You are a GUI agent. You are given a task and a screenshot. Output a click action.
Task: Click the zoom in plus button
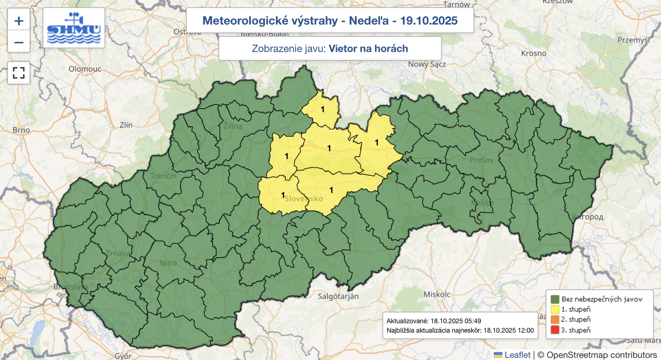point(19,21)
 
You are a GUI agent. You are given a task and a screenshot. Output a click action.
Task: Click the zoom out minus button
point(19,42)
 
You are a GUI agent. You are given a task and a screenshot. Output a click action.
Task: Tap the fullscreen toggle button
point(19,73)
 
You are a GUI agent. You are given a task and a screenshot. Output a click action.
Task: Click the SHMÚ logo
point(74,28)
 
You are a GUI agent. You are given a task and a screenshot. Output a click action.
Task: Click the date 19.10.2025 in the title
point(429,21)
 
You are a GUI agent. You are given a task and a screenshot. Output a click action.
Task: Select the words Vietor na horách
point(368,49)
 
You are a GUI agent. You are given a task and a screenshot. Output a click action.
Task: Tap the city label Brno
point(21,130)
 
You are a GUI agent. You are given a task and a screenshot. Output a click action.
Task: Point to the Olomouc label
point(85,69)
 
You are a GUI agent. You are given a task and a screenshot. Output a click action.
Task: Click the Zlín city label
point(126,125)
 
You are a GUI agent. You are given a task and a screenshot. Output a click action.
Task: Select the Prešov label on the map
point(481,160)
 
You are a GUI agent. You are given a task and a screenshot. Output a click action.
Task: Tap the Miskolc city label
point(437,294)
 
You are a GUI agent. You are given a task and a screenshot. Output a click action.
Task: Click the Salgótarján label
point(338,296)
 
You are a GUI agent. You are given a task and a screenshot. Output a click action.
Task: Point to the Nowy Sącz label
point(427,64)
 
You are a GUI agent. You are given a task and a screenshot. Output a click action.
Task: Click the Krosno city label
point(533,53)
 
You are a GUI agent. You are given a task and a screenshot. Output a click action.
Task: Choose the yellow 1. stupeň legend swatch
point(555,309)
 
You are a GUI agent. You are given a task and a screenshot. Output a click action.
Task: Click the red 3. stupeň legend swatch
point(555,330)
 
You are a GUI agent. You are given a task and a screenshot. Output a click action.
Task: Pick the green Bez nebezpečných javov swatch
point(555,299)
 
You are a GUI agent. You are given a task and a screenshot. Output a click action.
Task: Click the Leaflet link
point(517,355)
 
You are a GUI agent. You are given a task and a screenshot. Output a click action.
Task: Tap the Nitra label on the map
point(168,263)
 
